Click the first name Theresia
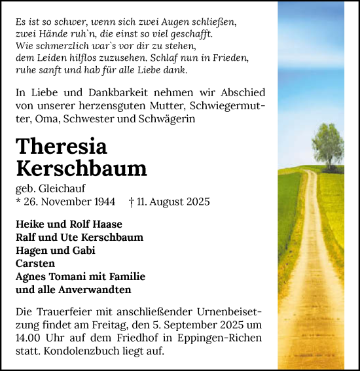(x=61, y=147)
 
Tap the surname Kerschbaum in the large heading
(x=81, y=168)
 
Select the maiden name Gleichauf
(x=58, y=188)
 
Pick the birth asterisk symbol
(x=18, y=202)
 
